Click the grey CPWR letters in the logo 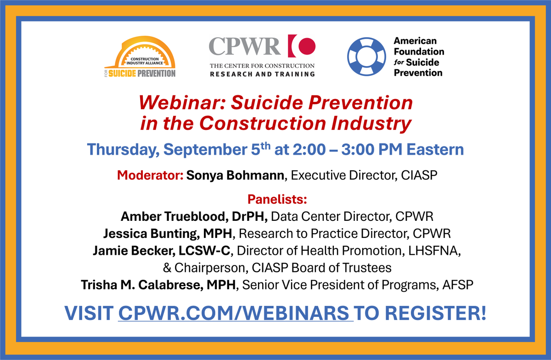coord(245,47)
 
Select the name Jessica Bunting coord(151,234)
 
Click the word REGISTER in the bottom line coord(434,313)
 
